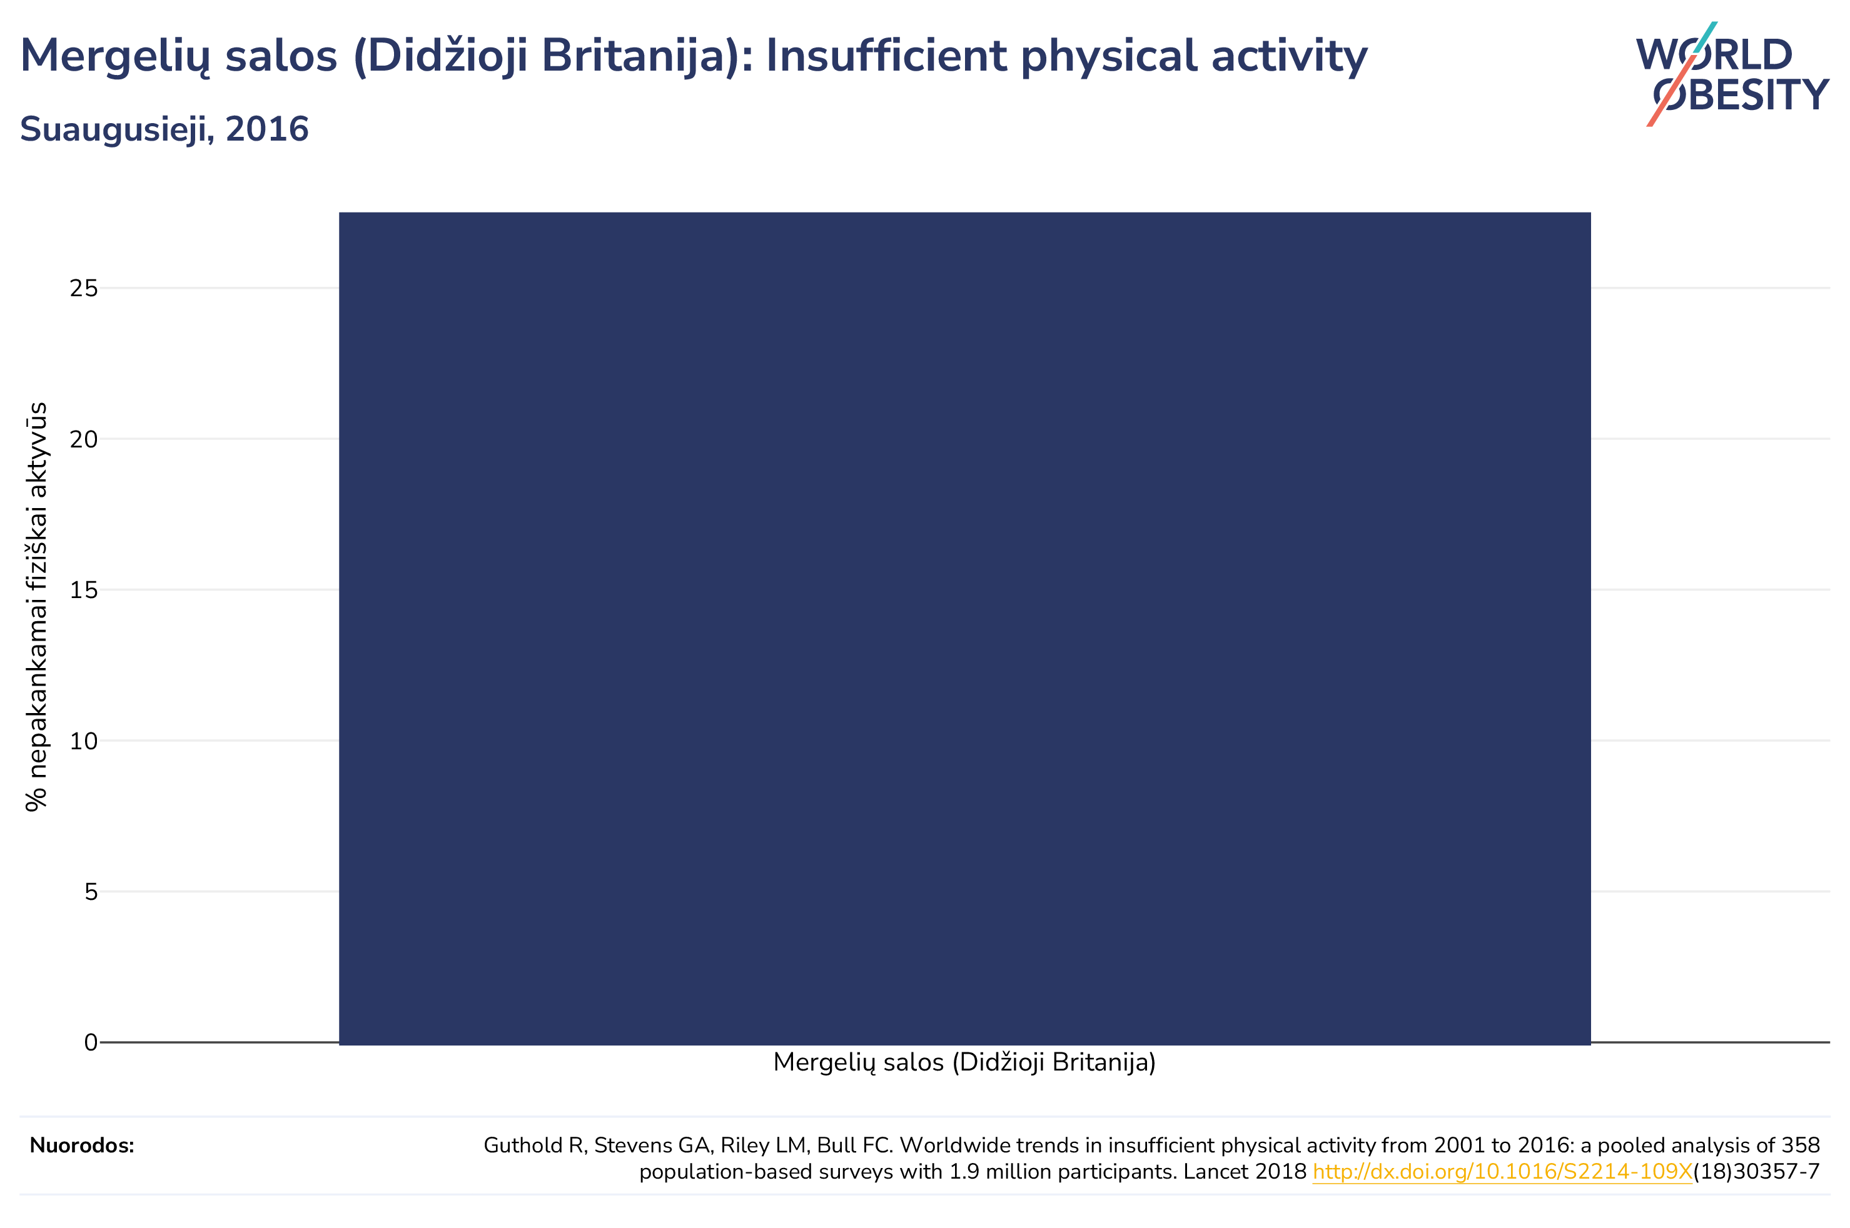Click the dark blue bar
(964, 628)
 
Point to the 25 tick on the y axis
(84, 288)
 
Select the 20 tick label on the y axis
(84, 439)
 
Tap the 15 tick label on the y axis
(84, 590)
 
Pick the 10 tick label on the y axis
(84, 741)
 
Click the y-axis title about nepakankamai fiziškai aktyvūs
(36, 607)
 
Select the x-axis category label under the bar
(964, 1063)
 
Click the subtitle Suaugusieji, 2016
(164, 129)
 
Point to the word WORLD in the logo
(1714, 55)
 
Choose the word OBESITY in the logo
(1741, 95)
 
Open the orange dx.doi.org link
(1502, 1172)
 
